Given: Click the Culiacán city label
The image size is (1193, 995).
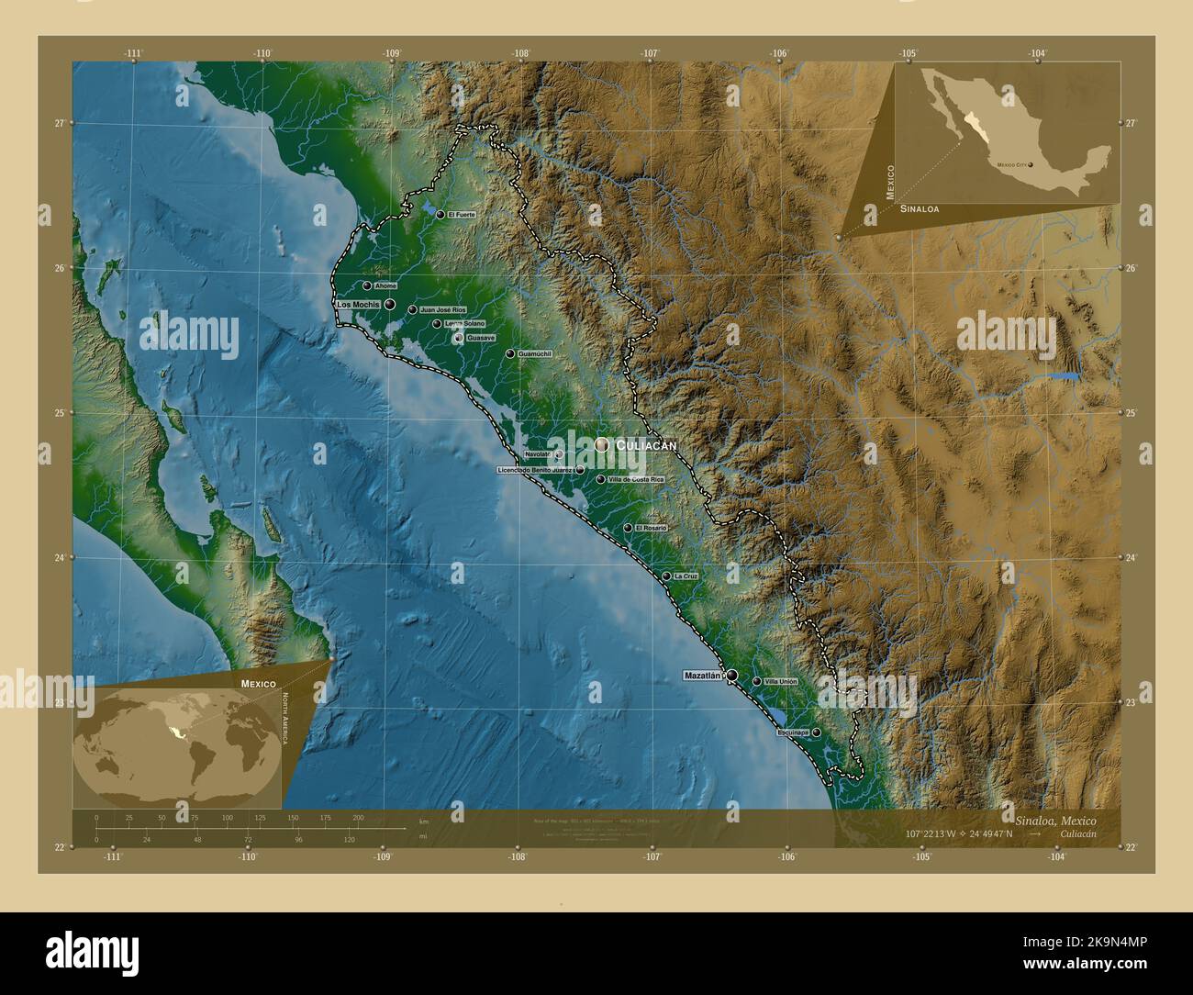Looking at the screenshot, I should click(x=646, y=445).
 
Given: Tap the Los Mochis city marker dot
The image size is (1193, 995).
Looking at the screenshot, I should click(x=390, y=304).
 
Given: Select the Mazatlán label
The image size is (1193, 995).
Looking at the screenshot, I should click(x=704, y=676).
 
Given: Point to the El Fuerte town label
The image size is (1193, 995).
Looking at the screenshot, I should click(x=462, y=215).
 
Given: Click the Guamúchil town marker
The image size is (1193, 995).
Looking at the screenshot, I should click(x=510, y=353).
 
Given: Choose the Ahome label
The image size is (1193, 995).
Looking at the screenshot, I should click(x=385, y=285).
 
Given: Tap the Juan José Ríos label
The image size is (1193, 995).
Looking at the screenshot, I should click(x=443, y=310).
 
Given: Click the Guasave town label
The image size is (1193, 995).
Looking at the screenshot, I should click(x=481, y=339).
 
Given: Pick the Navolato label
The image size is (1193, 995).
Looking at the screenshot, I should click(x=540, y=454).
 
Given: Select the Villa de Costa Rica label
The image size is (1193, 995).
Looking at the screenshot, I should click(x=636, y=479).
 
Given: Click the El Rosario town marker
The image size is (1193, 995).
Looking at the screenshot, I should click(x=628, y=528).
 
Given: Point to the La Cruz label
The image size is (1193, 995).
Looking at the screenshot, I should click(x=686, y=576).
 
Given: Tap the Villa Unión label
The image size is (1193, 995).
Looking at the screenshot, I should click(x=781, y=682).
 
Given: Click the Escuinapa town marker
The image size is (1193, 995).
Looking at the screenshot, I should click(x=816, y=732).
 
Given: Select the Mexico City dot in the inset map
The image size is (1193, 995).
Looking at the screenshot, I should click(x=1031, y=165).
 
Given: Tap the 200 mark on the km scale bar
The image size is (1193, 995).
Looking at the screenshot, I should click(x=358, y=817).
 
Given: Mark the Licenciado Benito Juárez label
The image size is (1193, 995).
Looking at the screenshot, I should click(x=536, y=470).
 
